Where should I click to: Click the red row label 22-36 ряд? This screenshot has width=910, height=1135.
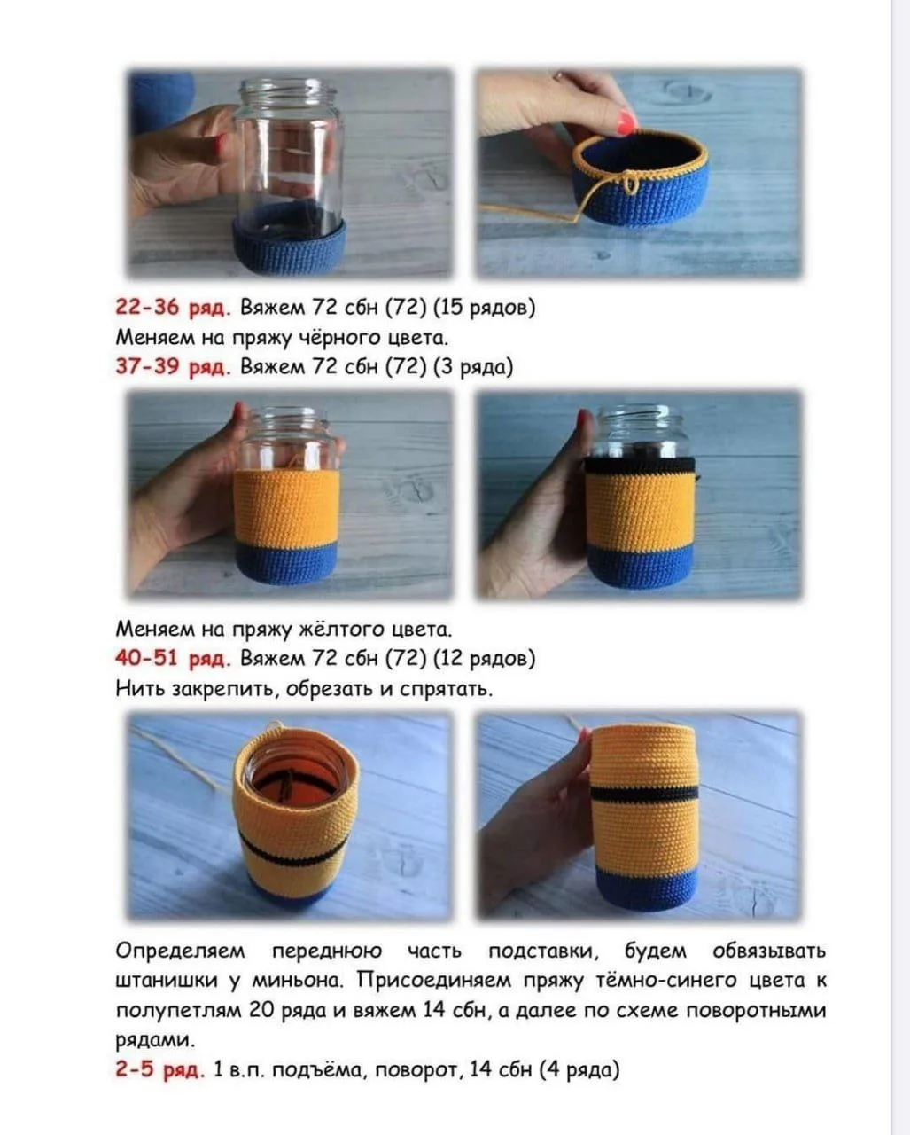click(173, 307)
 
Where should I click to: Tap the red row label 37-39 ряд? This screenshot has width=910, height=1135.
click(173, 366)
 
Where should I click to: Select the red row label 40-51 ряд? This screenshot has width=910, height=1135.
click(173, 658)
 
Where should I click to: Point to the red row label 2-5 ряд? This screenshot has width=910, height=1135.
click(159, 1069)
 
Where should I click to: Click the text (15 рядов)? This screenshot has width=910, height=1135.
click(484, 308)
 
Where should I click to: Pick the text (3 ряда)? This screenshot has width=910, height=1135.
click(473, 367)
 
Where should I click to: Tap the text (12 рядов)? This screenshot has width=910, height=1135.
click(484, 659)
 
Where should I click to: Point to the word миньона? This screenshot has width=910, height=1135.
click(298, 981)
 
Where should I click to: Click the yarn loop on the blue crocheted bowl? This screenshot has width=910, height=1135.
click(629, 183)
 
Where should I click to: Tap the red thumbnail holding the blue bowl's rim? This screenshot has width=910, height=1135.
click(626, 121)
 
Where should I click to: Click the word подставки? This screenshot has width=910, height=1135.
click(543, 951)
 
